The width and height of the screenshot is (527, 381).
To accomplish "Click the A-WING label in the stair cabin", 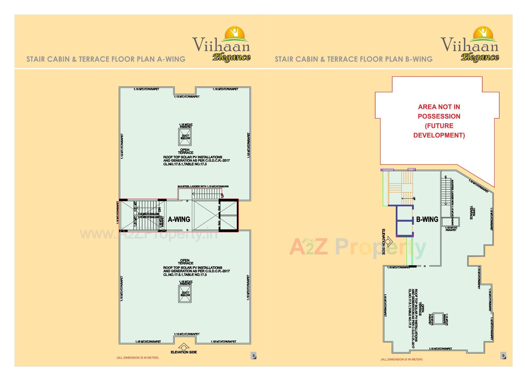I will pyautogui.click(x=179, y=219).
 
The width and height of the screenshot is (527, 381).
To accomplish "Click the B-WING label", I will pyautogui.click(x=427, y=219).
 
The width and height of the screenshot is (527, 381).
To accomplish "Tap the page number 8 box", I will pyautogui.click(x=254, y=356).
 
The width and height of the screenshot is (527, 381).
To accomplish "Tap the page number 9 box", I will pyautogui.click(x=503, y=356).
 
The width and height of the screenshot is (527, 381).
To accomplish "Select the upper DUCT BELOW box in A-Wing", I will pyautogui.click(x=185, y=137).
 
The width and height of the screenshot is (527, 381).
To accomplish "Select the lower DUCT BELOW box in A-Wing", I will pyautogui.click(x=185, y=294).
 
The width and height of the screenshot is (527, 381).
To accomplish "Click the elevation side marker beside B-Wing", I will pyautogui.click(x=388, y=242).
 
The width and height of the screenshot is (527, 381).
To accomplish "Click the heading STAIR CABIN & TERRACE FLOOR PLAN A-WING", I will pyautogui.click(x=106, y=59).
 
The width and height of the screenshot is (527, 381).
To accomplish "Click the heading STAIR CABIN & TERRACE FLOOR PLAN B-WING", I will pyautogui.click(x=354, y=59).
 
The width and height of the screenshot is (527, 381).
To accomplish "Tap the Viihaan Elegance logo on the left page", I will pyautogui.click(x=222, y=44).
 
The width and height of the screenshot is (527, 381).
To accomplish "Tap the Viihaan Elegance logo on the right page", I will pyautogui.click(x=470, y=44).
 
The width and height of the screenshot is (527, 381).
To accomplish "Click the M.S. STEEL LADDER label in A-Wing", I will pyautogui.click(x=203, y=187).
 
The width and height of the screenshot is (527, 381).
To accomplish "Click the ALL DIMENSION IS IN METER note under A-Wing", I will pyautogui.click(x=138, y=358).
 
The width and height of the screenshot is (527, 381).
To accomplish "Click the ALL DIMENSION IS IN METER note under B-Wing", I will pyautogui.click(x=402, y=359).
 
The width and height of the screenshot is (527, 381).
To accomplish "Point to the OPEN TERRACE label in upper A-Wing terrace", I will pyautogui.click(x=185, y=151).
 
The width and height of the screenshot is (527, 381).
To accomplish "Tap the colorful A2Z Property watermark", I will pyautogui.click(x=358, y=247).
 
